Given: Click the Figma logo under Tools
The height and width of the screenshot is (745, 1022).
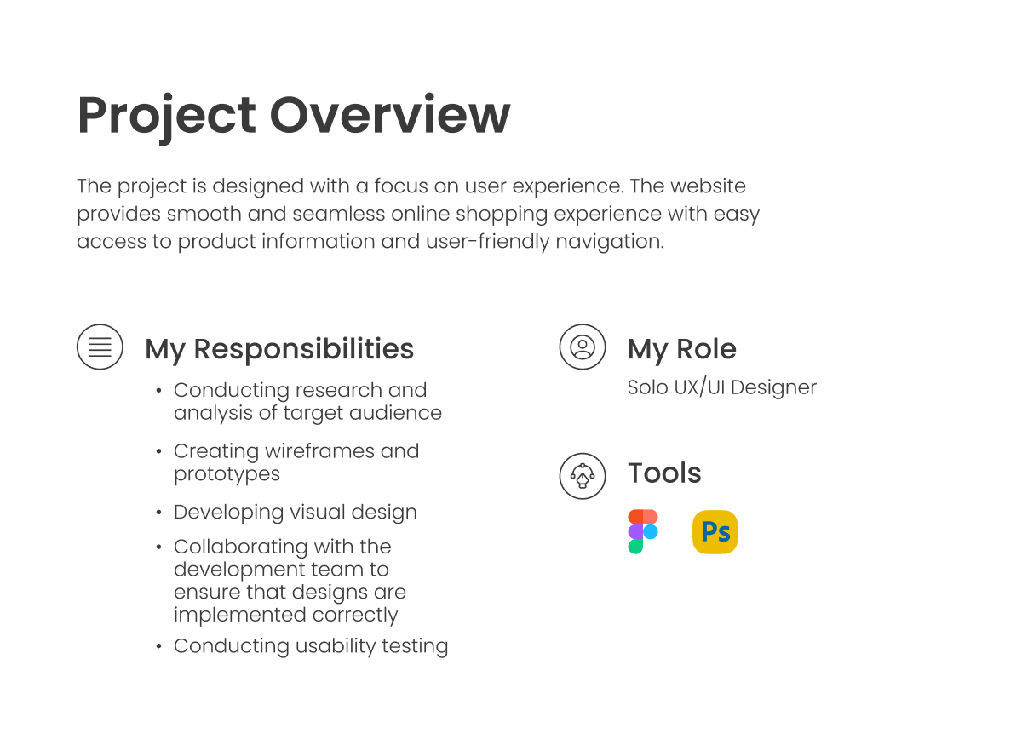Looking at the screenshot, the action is [643, 532].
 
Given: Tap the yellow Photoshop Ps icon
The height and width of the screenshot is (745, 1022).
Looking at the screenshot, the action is [715, 532].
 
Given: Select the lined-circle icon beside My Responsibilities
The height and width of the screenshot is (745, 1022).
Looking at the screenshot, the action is [100, 347].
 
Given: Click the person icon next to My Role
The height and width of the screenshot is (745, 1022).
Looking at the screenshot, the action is [583, 347].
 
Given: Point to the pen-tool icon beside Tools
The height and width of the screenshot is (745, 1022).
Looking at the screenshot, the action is [583, 476].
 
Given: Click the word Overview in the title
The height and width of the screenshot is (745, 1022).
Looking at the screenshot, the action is [390, 114].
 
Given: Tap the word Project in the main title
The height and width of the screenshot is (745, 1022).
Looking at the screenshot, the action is [167, 117].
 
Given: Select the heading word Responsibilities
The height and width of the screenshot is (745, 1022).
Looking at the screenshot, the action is [304, 350].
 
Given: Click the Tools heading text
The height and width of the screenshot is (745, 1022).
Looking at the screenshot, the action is [664, 473].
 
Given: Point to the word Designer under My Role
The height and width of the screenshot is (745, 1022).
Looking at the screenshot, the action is [774, 388].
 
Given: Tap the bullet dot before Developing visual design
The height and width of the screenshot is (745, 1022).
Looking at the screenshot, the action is [158, 513].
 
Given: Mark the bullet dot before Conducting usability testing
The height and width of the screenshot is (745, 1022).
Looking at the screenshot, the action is [158, 646].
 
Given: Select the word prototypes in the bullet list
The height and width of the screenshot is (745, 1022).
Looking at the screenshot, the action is [227, 475].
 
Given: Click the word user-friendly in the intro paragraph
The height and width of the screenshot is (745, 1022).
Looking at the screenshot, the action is [488, 242].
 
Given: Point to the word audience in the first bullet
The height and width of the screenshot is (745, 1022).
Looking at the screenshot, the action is [395, 413].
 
